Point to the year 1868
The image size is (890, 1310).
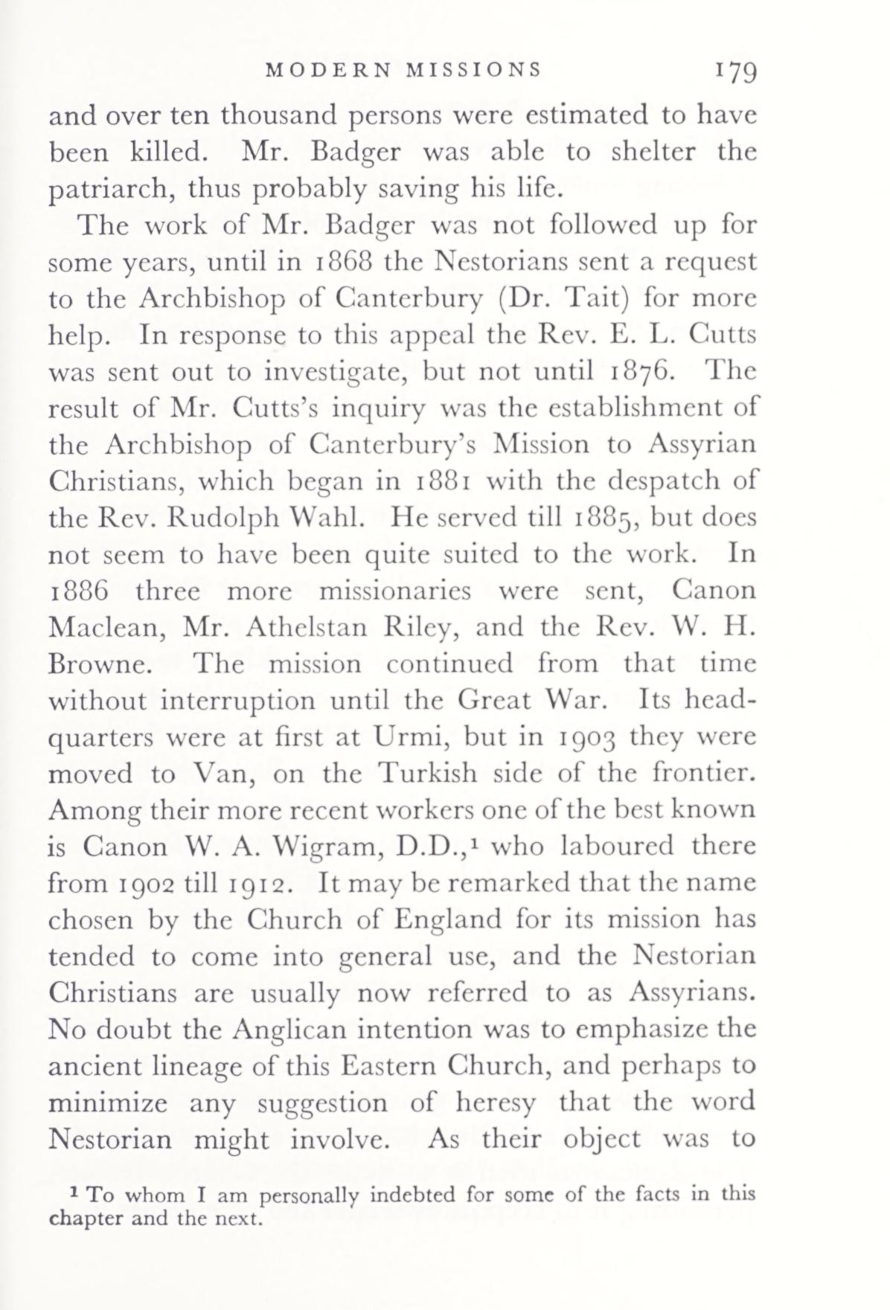point(340,262)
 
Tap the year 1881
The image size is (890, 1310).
point(443,481)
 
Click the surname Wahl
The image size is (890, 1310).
point(331,517)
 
